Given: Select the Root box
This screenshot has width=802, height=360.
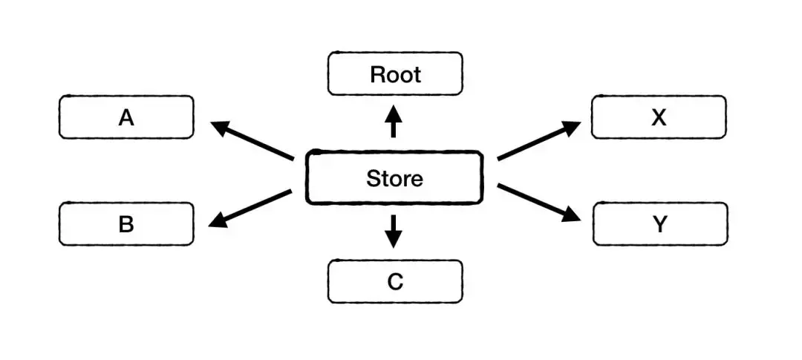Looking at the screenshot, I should tap(395, 73).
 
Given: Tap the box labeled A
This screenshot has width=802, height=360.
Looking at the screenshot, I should tap(126, 117).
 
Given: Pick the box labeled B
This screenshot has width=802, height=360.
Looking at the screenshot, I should tap(126, 223).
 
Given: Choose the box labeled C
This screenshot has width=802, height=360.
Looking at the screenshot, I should tap(395, 281).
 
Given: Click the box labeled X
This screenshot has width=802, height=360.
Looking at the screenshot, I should tap(659, 117).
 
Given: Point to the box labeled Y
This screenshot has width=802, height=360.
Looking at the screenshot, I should tap(660, 223).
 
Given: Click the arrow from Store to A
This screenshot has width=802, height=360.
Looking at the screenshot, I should tap(252, 140).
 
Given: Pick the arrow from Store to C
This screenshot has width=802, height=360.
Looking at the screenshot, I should tap(394, 231).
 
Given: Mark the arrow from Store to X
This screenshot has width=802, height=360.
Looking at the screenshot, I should tap(538, 140).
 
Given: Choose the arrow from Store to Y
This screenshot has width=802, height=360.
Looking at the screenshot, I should tap(538, 203).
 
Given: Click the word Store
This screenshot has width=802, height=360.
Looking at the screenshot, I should tap(394, 178).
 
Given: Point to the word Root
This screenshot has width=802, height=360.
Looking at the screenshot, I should tap(395, 74).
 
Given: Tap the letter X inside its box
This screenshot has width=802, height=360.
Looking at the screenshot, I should tap(659, 117).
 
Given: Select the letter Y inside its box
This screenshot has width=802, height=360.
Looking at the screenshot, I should tap(660, 224).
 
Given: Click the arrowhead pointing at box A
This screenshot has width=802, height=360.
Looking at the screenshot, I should tap(221, 127).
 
